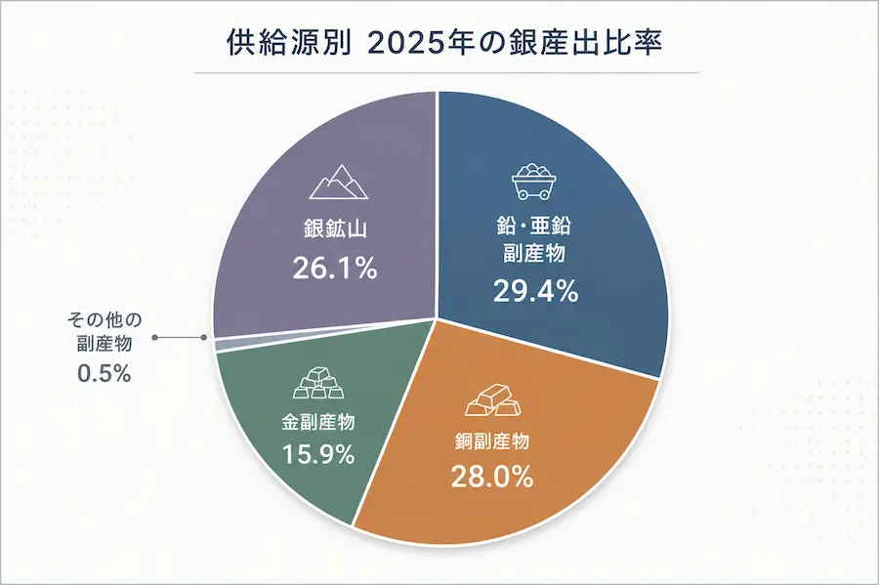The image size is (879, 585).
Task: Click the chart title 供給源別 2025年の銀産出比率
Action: pyautogui.click(x=444, y=42)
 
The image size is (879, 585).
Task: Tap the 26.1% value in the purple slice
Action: pyautogui.click(x=335, y=269)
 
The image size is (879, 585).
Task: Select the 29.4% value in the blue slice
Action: pyautogui.click(x=535, y=291)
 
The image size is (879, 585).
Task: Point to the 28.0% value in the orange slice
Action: pyautogui.click(x=491, y=478)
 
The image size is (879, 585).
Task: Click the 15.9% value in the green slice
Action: pyautogui.click(x=317, y=454)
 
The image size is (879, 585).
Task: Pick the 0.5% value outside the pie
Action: pyautogui.click(x=105, y=373)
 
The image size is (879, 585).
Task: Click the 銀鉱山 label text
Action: pyautogui.click(x=335, y=230)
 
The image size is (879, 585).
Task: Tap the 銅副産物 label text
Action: pyautogui.click(x=491, y=442)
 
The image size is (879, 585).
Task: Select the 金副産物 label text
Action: pyautogui.click(x=317, y=422)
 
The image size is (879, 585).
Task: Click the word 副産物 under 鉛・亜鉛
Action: pyautogui.click(x=534, y=253)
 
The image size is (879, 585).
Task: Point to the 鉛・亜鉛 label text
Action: pyautogui.click(x=534, y=226)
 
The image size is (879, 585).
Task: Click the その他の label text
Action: pyautogui.click(x=105, y=320)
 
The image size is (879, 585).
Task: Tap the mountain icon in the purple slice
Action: pyautogui.click(x=339, y=182)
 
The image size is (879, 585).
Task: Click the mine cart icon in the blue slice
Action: pyautogui.click(x=533, y=182)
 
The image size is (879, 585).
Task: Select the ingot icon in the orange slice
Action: pyautogui.click(x=493, y=400)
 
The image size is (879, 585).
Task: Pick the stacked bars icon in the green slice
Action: pyautogui.click(x=318, y=383)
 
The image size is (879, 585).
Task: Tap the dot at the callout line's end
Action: pyautogui.click(x=154, y=337)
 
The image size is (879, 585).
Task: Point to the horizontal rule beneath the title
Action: pyautogui.click(x=446, y=73)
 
